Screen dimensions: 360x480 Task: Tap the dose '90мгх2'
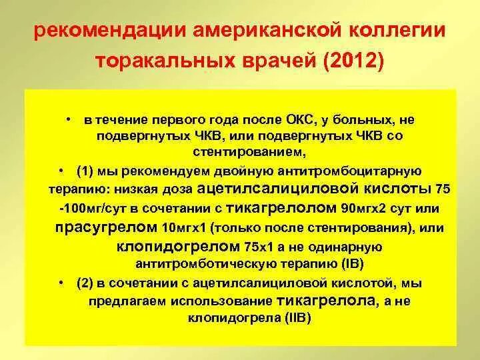[361, 208]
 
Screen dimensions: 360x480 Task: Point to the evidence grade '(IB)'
[349, 263]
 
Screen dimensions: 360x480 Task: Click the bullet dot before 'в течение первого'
[69, 119]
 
